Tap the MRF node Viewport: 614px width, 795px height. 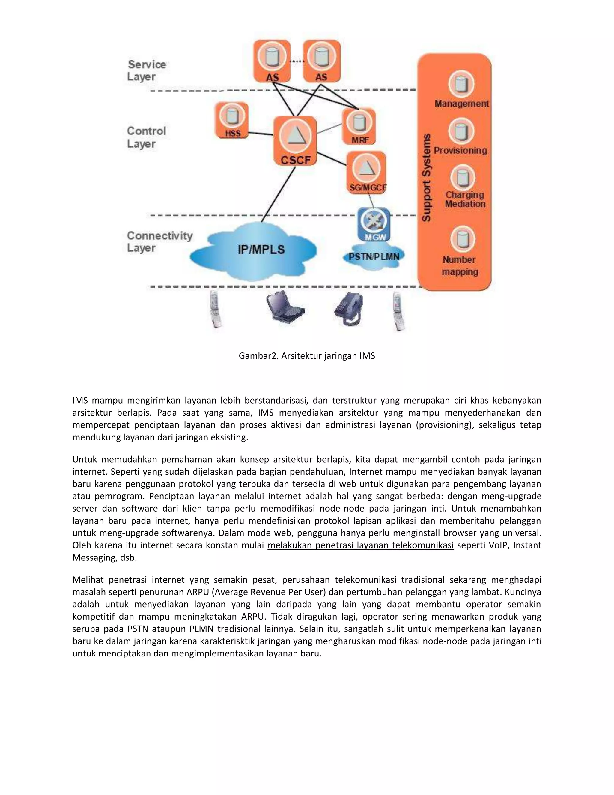click(359, 126)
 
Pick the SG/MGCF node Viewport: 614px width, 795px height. click(367, 172)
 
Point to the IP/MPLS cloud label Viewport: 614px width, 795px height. click(261, 250)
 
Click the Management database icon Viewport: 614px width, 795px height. click(461, 84)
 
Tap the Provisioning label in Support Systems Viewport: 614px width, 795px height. click(460, 150)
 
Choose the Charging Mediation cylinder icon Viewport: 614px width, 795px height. click(462, 178)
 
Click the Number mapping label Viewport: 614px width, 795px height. click(460, 266)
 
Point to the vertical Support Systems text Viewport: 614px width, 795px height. click(426, 178)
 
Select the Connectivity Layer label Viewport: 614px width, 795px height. click(159, 242)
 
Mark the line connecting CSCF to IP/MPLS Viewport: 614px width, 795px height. click(278, 195)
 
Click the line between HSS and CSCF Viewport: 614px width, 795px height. click(261, 133)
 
